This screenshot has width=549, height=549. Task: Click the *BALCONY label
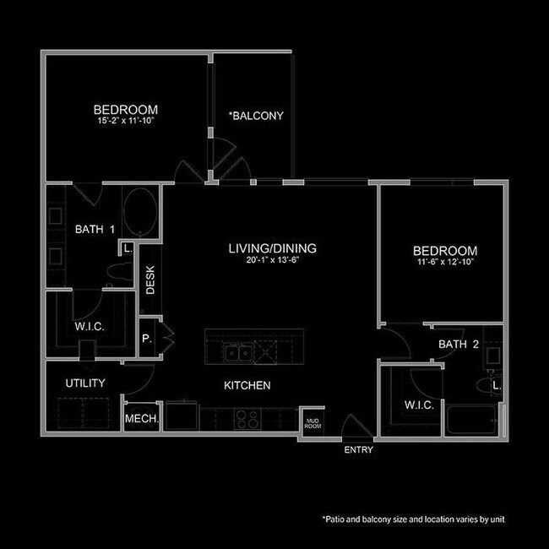pos(257,116)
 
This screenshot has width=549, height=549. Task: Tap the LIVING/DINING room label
pos(272,248)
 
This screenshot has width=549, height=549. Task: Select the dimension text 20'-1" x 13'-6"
pos(272,260)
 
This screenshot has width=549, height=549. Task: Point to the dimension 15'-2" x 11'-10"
pos(126,121)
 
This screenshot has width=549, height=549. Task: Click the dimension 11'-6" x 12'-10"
pos(444,263)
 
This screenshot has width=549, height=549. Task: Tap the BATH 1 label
pos(95,228)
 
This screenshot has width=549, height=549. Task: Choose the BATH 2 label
pos(459,345)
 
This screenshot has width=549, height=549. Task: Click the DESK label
pos(150,280)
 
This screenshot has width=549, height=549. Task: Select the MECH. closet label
pos(138,418)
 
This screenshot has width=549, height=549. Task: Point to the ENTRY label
pos(358,450)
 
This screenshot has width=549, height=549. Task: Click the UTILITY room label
pos(85,383)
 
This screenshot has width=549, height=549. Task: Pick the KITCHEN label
pos(247,385)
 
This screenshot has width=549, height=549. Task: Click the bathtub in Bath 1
pos(139,214)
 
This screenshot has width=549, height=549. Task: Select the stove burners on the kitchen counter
pos(246,416)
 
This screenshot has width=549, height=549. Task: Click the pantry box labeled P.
pos(147,338)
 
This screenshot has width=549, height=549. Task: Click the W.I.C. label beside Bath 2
pos(419,405)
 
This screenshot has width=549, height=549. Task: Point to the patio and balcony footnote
pos(413,519)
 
